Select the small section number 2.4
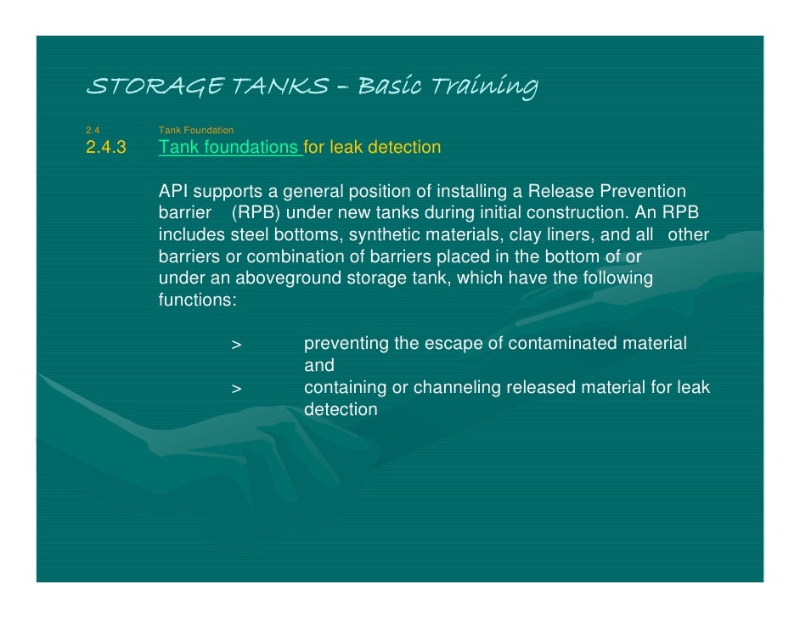[x=93, y=130]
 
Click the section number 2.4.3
[x=105, y=148]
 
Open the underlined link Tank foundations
[x=228, y=148]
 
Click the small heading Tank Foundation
[x=195, y=130]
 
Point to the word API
[x=175, y=192]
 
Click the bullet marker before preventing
[x=236, y=345]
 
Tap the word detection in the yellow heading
[x=404, y=148]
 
